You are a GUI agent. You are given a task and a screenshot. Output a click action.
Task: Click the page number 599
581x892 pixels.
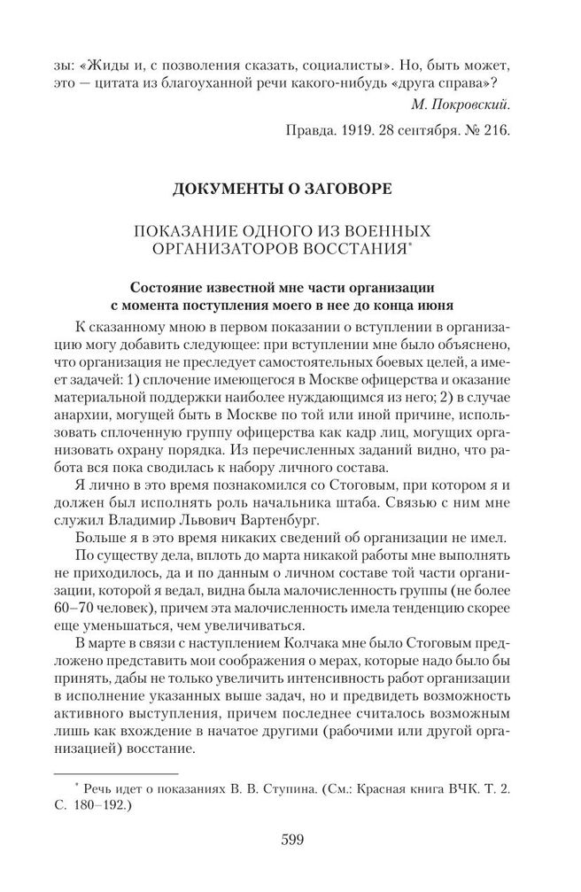(291, 840)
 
